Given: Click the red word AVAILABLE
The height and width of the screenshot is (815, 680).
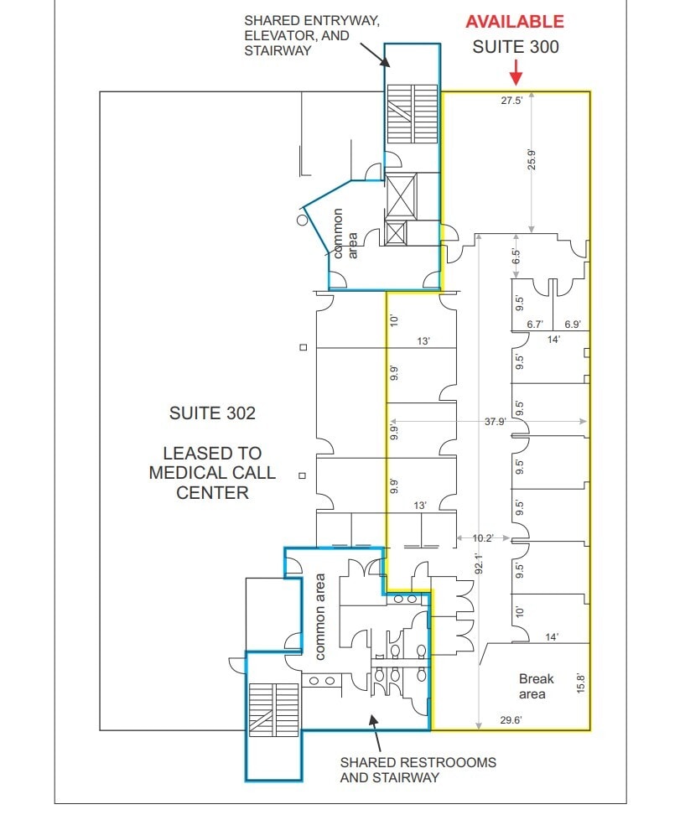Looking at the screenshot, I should click(515, 22).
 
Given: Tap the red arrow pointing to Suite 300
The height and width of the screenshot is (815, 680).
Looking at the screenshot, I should click(516, 73).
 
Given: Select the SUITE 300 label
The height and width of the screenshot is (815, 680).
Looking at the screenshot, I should click(515, 46).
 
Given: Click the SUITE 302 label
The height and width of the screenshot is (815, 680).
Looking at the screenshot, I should click(212, 413).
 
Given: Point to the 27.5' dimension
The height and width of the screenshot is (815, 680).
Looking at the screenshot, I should click(511, 101).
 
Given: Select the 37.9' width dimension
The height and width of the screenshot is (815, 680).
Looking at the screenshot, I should click(495, 422).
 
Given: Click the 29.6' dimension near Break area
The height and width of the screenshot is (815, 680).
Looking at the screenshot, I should click(511, 719).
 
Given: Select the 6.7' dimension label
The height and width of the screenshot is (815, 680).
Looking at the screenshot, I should click(535, 324).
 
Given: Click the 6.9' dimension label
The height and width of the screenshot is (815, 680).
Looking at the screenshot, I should click(573, 324).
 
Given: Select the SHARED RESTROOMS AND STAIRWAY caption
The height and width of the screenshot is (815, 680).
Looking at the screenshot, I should click(418, 770).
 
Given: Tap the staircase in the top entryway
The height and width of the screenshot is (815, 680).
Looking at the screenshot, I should click(411, 115).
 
